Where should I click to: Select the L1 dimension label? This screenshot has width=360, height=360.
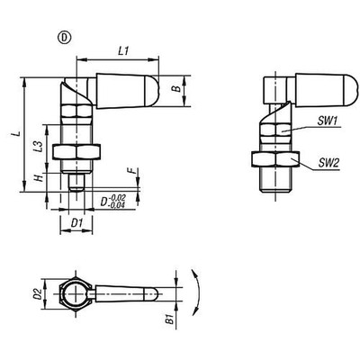pos(125,53)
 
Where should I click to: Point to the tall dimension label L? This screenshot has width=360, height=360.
pos(13,134)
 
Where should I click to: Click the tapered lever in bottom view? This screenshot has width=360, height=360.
pos(126,293)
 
